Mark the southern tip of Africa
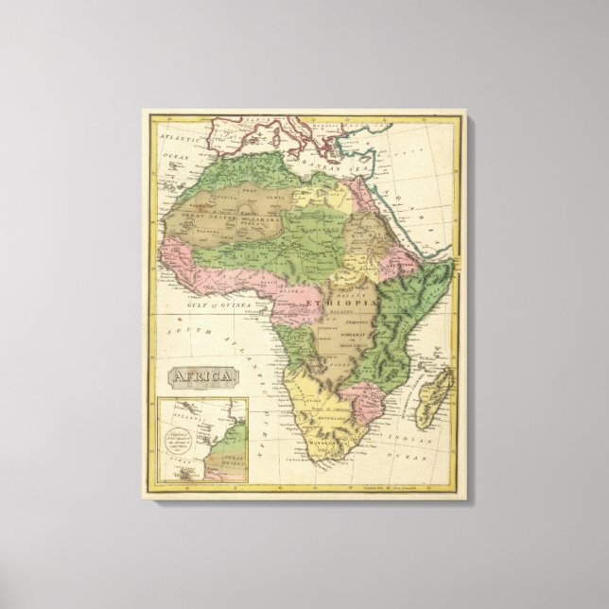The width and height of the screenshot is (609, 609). [312, 460]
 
